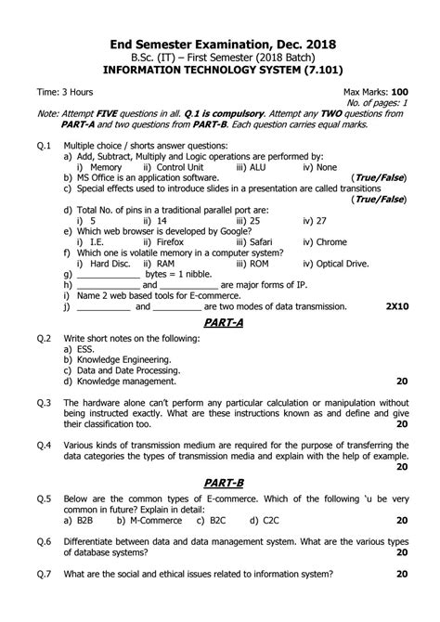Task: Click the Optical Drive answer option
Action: (335, 264)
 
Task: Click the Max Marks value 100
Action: (399, 93)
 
